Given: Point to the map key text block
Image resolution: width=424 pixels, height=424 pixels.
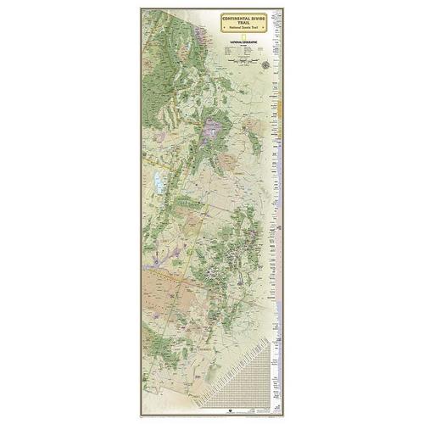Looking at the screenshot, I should (246, 53).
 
